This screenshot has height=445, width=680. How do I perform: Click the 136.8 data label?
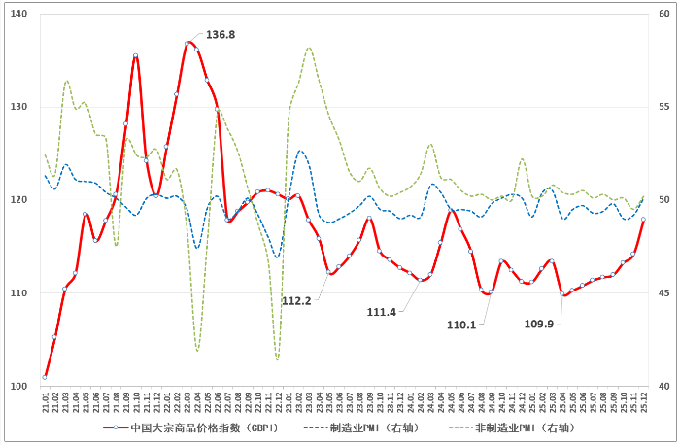click(x=221, y=35)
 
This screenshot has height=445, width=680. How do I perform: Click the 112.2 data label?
click(x=296, y=301)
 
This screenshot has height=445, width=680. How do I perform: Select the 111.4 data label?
click(x=382, y=312)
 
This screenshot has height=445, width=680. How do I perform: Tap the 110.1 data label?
click(x=461, y=325)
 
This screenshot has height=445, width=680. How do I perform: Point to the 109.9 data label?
click(x=538, y=324)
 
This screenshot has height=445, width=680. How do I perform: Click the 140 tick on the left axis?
click(x=19, y=14)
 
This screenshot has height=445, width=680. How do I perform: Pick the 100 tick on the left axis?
click(x=19, y=387)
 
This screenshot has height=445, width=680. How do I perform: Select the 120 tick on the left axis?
click(x=19, y=200)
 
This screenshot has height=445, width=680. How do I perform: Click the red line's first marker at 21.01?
click(x=45, y=377)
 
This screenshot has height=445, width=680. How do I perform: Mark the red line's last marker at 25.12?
click(x=643, y=220)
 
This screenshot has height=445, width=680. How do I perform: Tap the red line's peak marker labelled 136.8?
click(x=187, y=44)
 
